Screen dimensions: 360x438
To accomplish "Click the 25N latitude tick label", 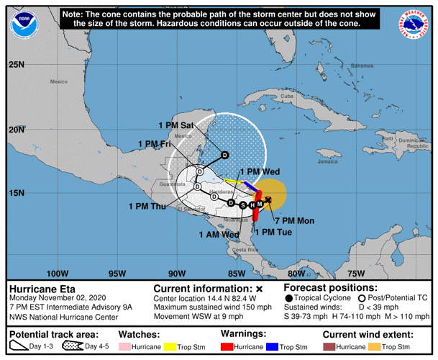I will [17, 65].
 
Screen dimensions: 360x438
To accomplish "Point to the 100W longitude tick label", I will [57, 273].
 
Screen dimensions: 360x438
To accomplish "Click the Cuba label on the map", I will [288, 96].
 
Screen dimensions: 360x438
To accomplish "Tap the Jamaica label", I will [327, 161].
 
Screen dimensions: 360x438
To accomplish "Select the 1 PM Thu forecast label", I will [147, 207].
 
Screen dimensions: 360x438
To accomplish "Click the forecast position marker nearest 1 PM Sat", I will [224, 155].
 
